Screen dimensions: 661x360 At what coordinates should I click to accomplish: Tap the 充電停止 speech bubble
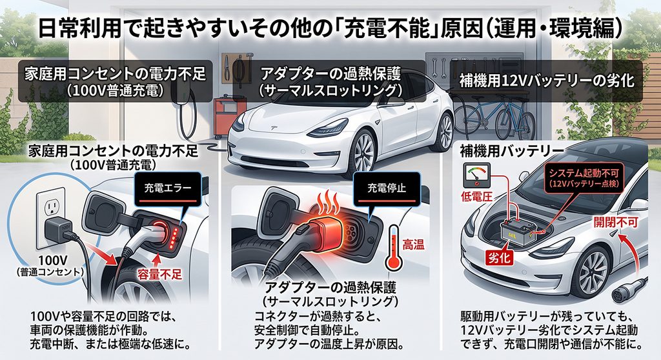click(x=387, y=188)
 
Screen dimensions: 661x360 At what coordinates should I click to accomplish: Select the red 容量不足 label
click(x=160, y=274)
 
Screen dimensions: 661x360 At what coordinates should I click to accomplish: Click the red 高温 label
click(x=413, y=244)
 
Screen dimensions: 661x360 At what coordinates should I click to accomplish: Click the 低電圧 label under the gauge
click(x=476, y=196)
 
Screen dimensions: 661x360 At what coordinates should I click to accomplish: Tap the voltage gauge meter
click(x=476, y=175)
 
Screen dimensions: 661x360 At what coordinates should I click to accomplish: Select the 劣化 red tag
click(x=500, y=257)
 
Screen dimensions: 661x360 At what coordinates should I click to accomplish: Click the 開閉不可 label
click(x=615, y=222)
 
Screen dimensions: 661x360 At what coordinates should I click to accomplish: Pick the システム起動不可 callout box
click(x=584, y=178)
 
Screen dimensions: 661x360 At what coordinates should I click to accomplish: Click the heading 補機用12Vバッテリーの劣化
click(x=547, y=81)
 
